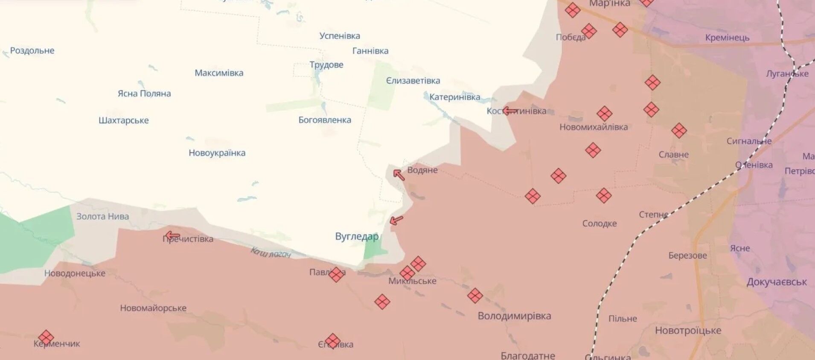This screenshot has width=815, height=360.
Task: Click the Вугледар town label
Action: [x=356, y=237]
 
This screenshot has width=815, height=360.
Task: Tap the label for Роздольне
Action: [x=32, y=51]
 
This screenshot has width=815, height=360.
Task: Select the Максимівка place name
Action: [x=219, y=73]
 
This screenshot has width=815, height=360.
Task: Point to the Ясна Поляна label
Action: [x=144, y=94]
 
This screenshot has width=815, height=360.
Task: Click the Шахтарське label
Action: [x=123, y=121]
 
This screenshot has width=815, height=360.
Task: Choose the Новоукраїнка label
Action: [x=217, y=153]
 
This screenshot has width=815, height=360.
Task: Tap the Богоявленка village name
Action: [x=325, y=120]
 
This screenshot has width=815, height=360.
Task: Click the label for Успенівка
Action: [x=340, y=36]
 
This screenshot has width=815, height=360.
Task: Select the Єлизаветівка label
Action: [x=413, y=81]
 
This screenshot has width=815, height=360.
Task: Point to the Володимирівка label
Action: [x=514, y=316]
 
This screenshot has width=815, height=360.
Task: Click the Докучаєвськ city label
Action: [x=777, y=282]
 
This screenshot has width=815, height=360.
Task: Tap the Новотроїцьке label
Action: [x=688, y=331]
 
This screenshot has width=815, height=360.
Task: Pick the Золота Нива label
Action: [x=102, y=217]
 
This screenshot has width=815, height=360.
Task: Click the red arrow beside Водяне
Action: [x=399, y=175]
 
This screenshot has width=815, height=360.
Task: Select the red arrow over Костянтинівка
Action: [x=509, y=111]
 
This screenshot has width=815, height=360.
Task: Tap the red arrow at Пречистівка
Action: [x=172, y=235]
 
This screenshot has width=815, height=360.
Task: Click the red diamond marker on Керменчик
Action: [x=46, y=337]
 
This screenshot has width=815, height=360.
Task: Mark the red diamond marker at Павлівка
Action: [x=336, y=274]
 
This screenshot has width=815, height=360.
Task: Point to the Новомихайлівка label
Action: [x=594, y=127]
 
